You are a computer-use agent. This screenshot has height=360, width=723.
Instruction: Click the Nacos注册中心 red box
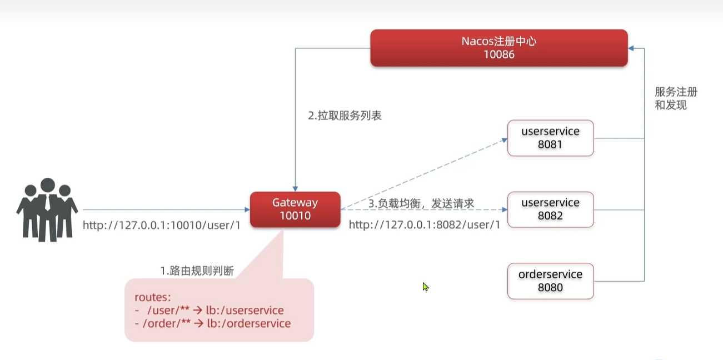pyautogui.click(x=498, y=48)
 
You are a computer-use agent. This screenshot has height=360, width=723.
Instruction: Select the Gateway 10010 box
pyautogui.click(x=295, y=209)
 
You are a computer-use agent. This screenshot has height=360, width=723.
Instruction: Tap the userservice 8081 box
pyautogui.click(x=550, y=138)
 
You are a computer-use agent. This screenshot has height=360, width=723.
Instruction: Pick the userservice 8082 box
pyautogui.click(x=550, y=209)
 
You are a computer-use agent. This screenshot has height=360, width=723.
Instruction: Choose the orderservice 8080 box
pyautogui.click(x=550, y=281)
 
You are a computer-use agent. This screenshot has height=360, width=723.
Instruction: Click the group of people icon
pyautogui.click(x=47, y=209)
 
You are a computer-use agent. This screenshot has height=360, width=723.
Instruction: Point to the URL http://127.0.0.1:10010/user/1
pyautogui.click(x=161, y=226)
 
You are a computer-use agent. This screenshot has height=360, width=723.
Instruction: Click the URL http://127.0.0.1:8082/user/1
pyautogui.click(x=425, y=225)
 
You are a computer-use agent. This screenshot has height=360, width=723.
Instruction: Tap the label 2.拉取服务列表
pyautogui.click(x=345, y=116)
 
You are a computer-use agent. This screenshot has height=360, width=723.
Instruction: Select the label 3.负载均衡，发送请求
pyautogui.click(x=421, y=203)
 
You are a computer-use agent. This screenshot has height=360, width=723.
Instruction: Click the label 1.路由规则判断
pyautogui.click(x=197, y=271)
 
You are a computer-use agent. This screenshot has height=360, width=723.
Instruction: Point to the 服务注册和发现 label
pyautogui.click(x=675, y=99)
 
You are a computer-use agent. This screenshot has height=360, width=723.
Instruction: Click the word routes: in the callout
pyautogui.click(x=152, y=297)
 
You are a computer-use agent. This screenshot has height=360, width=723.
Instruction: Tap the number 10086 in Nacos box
pyautogui.click(x=498, y=54)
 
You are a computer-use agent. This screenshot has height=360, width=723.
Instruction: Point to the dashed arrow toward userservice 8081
pyautogui.click(x=422, y=174)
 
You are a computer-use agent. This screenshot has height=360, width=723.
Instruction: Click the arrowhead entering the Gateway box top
pyautogui.click(x=295, y=188)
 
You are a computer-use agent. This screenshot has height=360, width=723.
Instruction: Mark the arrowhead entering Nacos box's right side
pyautogui.click(x=632, y=48)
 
